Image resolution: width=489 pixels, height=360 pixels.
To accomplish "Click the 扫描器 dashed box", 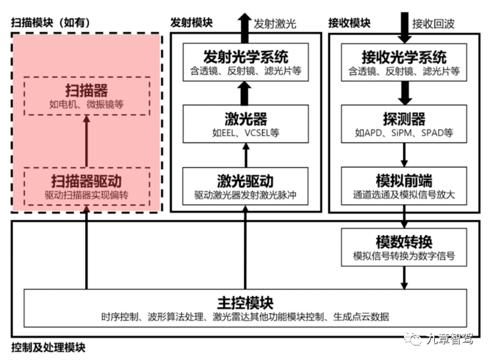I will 87,96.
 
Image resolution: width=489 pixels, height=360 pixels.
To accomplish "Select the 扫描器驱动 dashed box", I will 87,187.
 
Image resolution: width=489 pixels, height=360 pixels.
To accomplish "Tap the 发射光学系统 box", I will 245,63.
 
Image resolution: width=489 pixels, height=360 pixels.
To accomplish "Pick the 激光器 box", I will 245,125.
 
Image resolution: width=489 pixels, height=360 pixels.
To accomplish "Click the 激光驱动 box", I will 245,187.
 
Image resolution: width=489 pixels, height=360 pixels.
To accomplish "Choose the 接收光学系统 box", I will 404,63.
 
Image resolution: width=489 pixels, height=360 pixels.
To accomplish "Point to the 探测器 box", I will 404,125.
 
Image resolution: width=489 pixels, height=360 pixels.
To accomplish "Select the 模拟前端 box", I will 404,187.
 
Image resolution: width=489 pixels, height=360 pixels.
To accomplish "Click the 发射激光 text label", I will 275,24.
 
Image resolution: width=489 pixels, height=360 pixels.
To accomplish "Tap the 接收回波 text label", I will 433,24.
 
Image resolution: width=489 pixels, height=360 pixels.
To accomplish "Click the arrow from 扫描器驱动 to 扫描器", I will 87,141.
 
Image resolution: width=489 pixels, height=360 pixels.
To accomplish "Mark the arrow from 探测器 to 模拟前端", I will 404,156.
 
